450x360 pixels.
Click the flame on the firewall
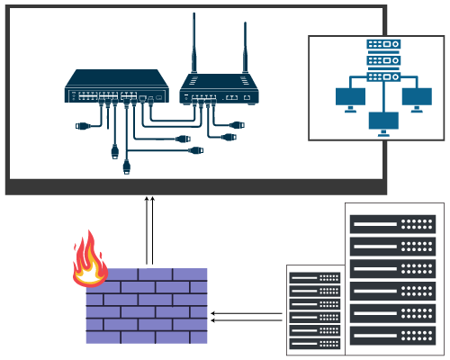click(88, 260)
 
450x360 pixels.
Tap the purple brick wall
click(147, 306)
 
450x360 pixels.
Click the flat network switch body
click(116, 86)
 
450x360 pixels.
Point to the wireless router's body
click(219, 89)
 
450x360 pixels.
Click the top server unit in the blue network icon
click(383, 44)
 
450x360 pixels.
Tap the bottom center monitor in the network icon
click(383, 121)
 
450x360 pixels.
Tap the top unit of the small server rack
click(315, 277)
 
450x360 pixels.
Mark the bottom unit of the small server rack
click(315, 344)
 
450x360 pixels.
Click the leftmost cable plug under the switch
click(83, 126)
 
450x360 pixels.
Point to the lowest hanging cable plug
click(127, 166)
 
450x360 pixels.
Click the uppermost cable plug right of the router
click(237, 124)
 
